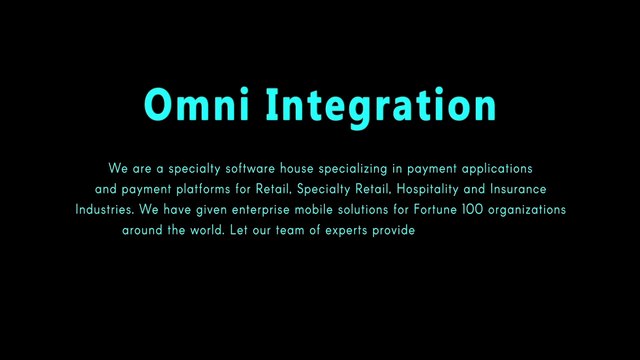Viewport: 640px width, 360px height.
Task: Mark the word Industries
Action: point(105,210)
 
